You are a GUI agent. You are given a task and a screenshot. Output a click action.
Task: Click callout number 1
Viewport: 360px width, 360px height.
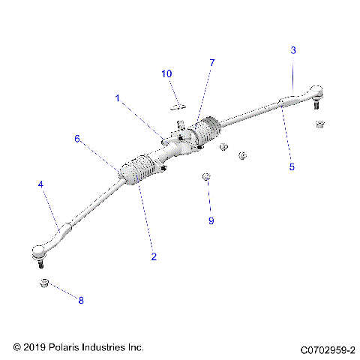(x=117, y=97)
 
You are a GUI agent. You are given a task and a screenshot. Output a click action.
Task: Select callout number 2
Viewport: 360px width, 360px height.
(x=154, y=256)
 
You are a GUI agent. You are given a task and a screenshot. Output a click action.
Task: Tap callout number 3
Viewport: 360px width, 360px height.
(x=293, y=50)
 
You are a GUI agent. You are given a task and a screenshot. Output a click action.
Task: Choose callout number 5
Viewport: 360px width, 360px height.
(x=292, y=167)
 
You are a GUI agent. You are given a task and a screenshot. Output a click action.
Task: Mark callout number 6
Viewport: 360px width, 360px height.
(x=76, y=139)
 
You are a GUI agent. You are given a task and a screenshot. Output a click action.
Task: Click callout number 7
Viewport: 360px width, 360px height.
(x=212, y=63)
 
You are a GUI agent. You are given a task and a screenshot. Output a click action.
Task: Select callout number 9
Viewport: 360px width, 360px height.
(x=211, y=220)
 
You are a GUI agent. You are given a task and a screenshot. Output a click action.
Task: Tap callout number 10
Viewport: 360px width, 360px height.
(x=166, y=73)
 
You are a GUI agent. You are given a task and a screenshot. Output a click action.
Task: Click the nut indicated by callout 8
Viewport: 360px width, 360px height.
(x=44, y=283)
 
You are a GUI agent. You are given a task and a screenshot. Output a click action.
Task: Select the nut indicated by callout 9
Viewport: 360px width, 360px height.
(x=205, y=177)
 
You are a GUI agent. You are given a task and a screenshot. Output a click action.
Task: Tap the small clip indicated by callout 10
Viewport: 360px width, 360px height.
(x=178, y=106)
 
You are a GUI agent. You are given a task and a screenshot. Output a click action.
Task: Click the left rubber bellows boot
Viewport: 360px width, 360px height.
(x=139, y=169)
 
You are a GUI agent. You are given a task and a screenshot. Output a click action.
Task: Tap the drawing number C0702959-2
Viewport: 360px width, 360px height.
(x=328, y=349)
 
